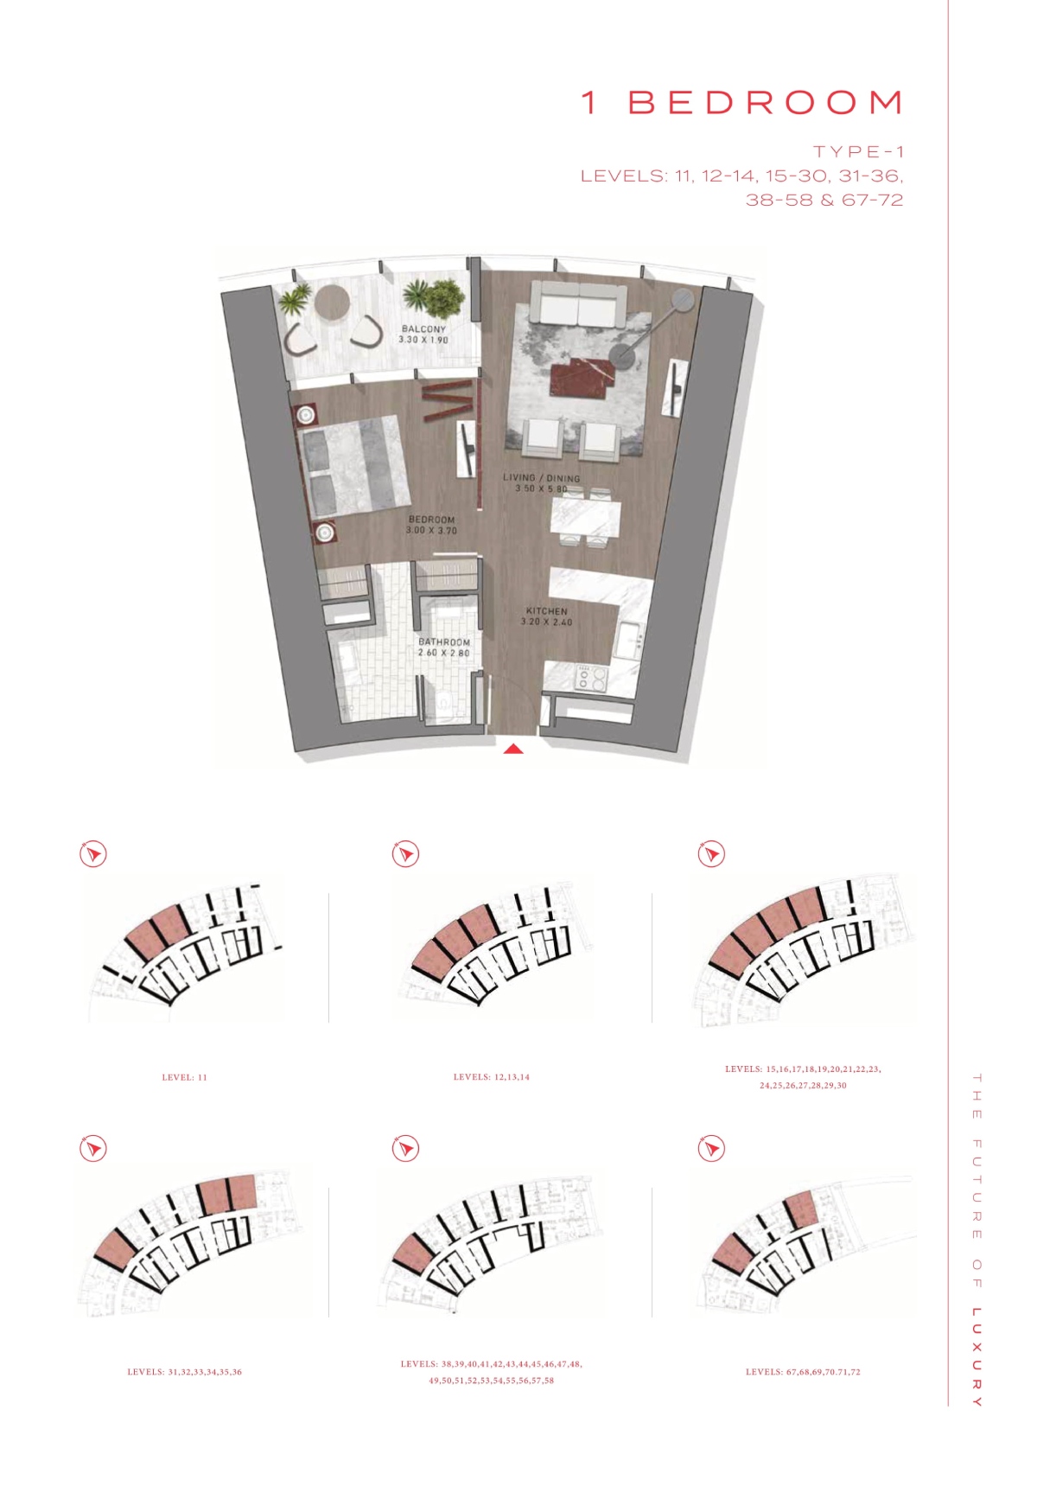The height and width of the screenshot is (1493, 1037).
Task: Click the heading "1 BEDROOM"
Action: [x=742, y=102]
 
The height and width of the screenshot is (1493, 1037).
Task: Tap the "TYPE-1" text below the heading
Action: [x=858, y=151]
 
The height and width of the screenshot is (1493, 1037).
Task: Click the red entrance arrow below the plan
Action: [x=513, y=749]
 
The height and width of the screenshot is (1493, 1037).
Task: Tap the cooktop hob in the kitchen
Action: [x=592, y=678]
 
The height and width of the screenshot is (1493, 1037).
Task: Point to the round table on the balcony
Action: [x=332, y=303]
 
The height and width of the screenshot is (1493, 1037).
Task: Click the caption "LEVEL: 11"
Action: [x=185, y=1077]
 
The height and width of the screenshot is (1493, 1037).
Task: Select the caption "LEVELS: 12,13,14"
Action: [x=492, y=1077]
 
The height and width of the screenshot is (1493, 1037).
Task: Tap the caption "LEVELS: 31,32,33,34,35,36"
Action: [x=185, y=1372]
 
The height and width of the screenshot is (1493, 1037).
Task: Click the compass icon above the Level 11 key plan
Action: [x=93, y=854]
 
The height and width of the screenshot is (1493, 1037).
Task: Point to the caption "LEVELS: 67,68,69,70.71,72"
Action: [x=803, y=1372]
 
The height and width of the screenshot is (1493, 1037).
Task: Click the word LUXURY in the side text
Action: [x=977, y=1357]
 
